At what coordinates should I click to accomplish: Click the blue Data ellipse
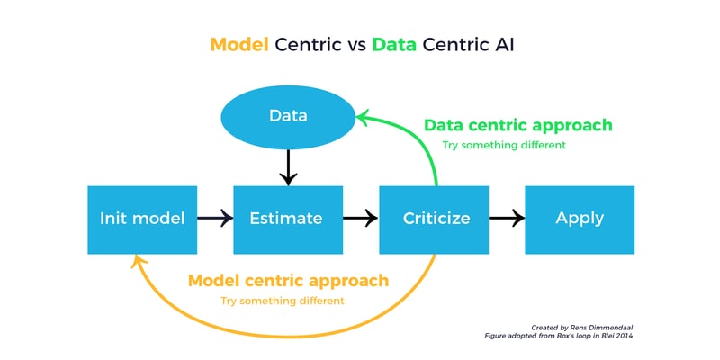click(x=288, y=117)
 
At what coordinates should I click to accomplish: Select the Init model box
click(x=142, y=220)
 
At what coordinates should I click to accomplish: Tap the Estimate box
click(x=288, y=220)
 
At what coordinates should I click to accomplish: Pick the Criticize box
click(x=434, y=220)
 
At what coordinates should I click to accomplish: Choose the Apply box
click(x=580, y=220)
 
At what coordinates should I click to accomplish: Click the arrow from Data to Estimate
click(x=288, y=167)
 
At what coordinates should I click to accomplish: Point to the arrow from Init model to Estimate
click(x=215, y=218)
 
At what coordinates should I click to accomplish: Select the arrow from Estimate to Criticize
click(x=361, y=218)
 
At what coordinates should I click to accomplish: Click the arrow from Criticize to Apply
click(x=507, y=218)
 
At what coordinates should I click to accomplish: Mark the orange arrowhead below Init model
click(x=139, y=262)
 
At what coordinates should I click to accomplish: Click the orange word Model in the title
click(x=239, y=45)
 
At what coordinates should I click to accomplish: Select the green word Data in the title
click(x=394, y=45)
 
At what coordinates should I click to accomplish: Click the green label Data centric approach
click(x=518, y=125)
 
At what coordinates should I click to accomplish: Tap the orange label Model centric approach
click(x=288, y=281)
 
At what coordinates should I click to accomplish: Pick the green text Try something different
click(x=504, y=146)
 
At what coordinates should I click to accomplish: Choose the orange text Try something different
click(x=282, y=301)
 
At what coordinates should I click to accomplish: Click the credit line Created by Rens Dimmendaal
click(x=582, y=328)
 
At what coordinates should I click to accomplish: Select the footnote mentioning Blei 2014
click(x=560, y=336)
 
